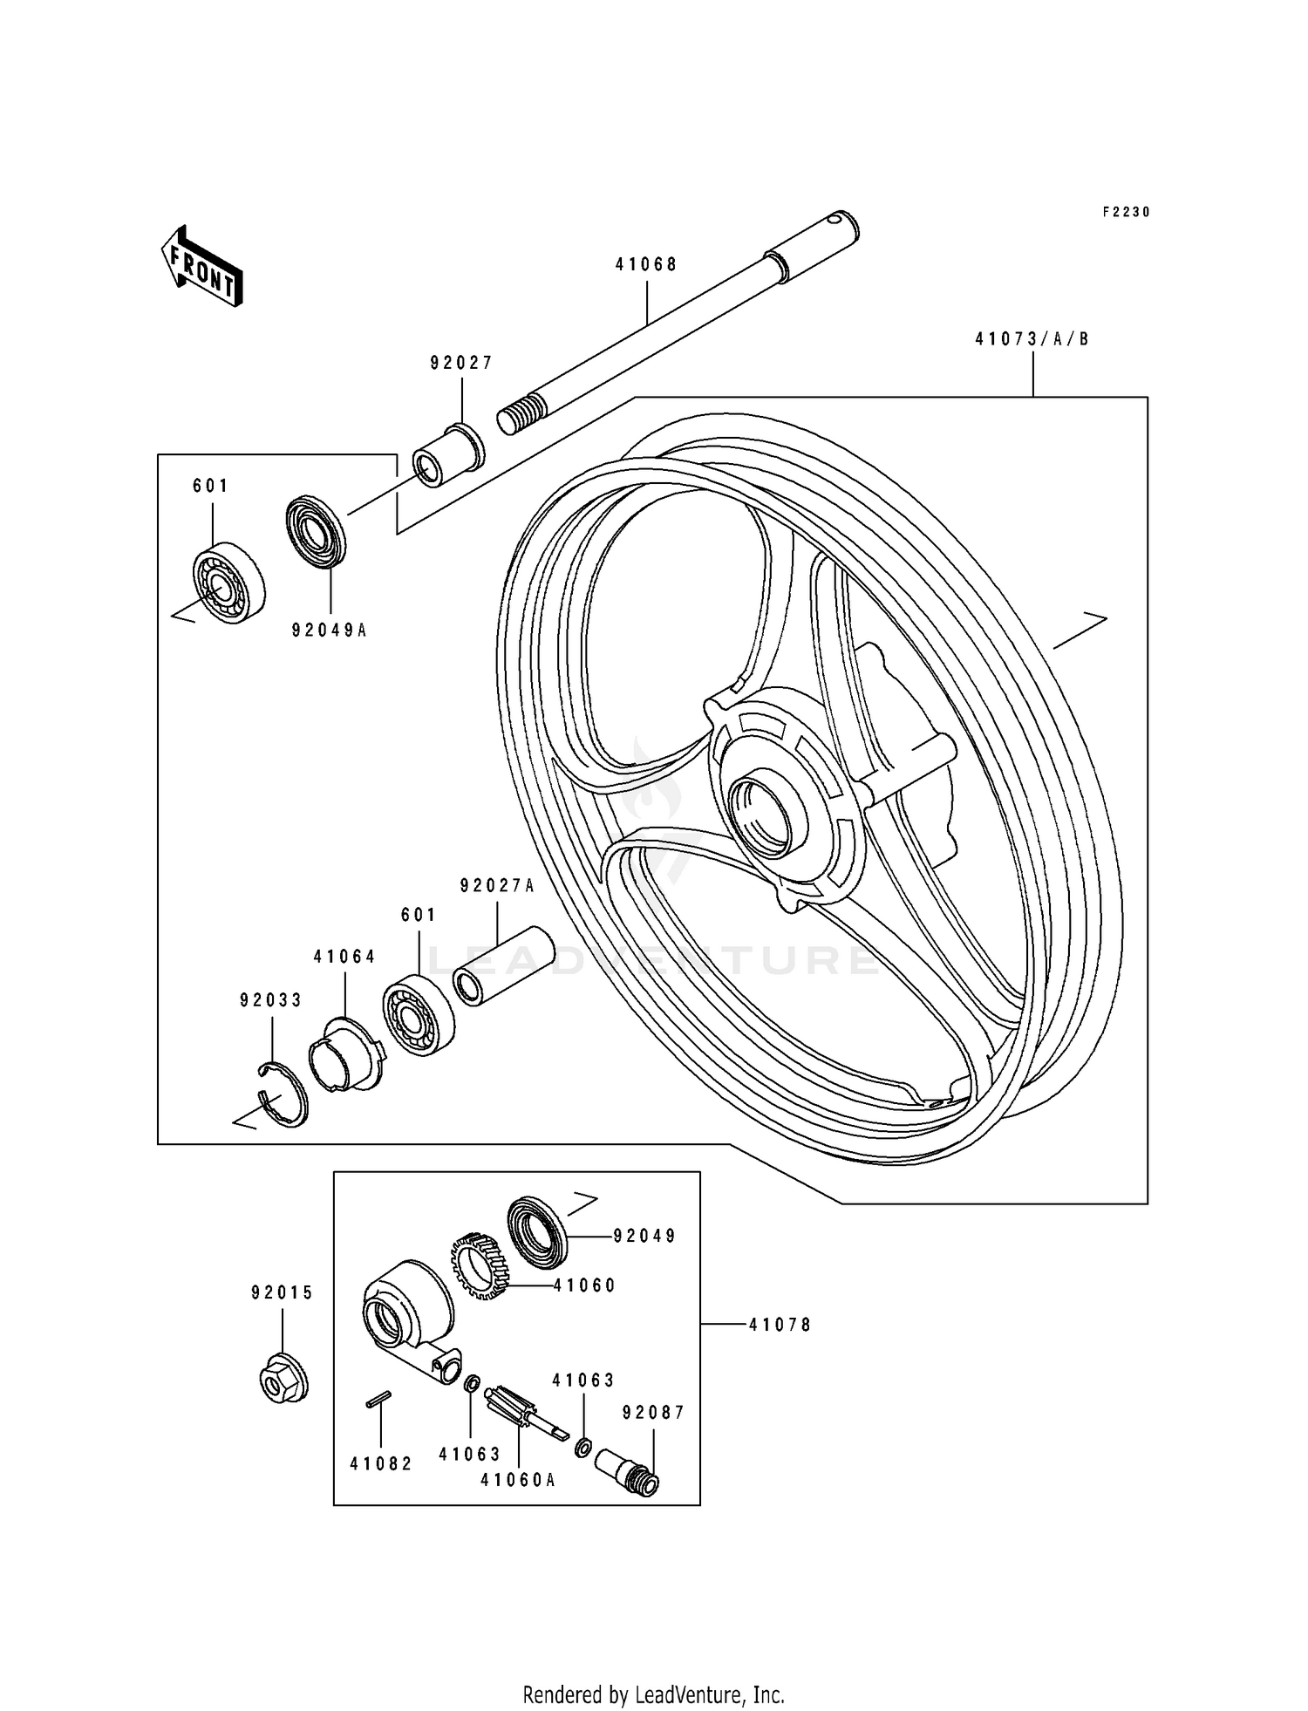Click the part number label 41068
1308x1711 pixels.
[x=646, y=264]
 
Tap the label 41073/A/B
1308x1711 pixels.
[x=1032, y=339]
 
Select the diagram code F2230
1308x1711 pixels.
[x=1126, y=212]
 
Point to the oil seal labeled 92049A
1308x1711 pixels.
[x=316, y=531]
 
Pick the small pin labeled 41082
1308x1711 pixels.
[x=378, y=1398]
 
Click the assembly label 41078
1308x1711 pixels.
[x=780, y=1325]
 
